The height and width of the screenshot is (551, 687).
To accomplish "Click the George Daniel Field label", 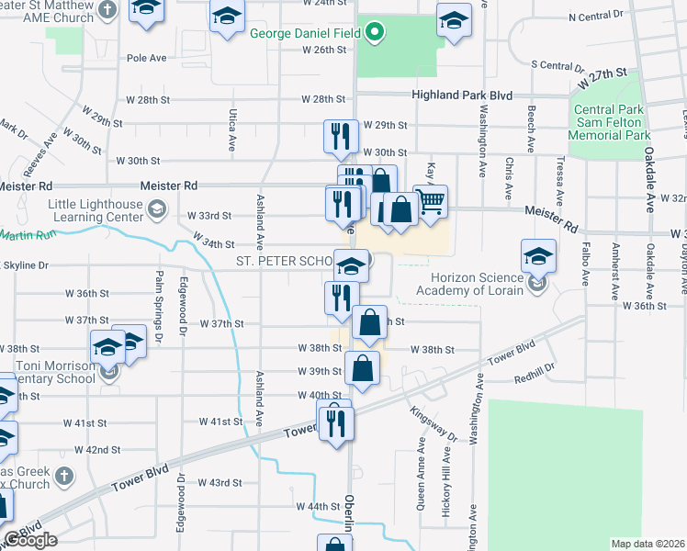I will [x=307, y=36].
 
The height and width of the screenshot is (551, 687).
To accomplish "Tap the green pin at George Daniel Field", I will [x=374, y=36].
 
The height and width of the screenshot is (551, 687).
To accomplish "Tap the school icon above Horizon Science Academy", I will [x=539, y=257].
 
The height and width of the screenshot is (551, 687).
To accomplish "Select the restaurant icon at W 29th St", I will [x=341, y=137].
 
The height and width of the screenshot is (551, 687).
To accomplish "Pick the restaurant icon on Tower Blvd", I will [x=335, y=422].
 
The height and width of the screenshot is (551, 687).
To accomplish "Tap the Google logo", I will [x=30, y=540].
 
